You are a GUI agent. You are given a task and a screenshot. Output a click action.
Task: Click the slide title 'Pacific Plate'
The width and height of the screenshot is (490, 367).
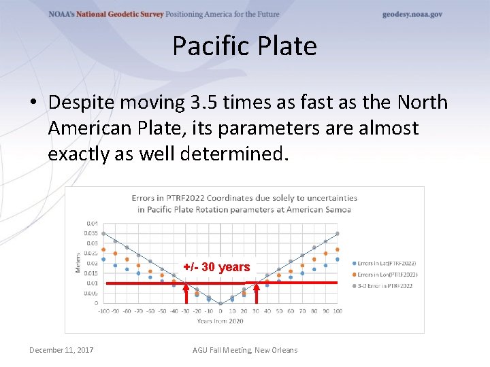(x=244, y=46)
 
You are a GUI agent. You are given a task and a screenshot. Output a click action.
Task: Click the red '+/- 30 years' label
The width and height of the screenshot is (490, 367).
(x=216, y=267)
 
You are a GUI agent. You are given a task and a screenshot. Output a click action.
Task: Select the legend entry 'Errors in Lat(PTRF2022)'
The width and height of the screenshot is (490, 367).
(x=385, y=263)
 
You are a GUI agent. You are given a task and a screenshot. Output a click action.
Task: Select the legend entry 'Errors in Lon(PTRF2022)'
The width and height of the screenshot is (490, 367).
(x=385, y=275)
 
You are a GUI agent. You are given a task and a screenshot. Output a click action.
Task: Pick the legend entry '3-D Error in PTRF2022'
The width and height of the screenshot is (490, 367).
(x=383, y=286)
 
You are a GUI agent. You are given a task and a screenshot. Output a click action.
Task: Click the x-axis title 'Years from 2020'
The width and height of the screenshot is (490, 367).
(x=220, y=320)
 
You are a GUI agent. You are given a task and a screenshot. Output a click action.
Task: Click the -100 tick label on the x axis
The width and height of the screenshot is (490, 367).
(x=103, y=311)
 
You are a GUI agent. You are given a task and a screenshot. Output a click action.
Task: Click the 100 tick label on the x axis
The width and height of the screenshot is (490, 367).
(x=338, y=311)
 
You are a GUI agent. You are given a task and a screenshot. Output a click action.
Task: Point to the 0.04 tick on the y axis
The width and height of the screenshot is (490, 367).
(x=91, y=223)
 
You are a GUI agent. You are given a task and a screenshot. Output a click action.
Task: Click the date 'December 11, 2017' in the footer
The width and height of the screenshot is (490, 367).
(x=61, y=350)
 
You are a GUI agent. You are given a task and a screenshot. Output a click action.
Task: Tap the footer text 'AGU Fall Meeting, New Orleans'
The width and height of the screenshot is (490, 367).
(x=245, y=350)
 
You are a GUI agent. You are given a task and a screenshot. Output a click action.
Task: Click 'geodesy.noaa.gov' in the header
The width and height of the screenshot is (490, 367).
(x=412, y=14)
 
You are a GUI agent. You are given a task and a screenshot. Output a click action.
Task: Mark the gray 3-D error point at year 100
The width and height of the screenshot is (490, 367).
(x=338, y=234)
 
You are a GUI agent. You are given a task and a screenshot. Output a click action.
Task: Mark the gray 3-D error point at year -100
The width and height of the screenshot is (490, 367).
(x=103, y=234)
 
